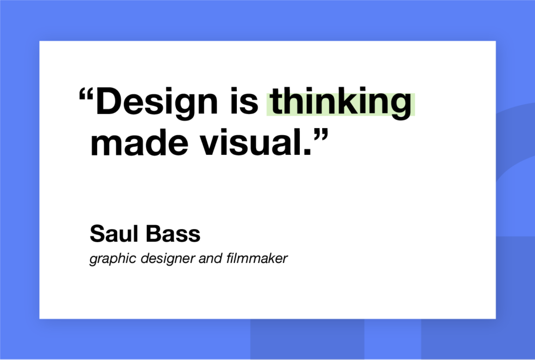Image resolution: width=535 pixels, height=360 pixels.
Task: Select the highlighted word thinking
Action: (x=341, y=104)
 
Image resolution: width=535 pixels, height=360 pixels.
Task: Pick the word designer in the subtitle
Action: (x=162, y=258)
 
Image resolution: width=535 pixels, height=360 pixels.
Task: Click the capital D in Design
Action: (x=107, y=103)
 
